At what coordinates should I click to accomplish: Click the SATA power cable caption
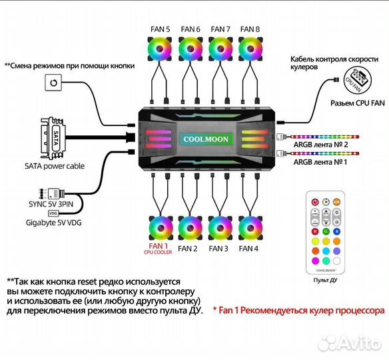pyautogui.click(x=53, y=166)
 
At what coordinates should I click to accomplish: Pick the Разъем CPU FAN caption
pyautogui.click(x=356, y=105)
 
